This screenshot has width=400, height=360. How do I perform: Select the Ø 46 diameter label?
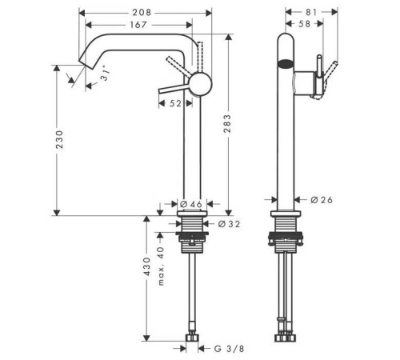click(192, 205)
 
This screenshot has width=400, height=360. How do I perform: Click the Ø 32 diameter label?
click(230, 224)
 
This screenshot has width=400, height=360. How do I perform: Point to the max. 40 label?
click(161, 266)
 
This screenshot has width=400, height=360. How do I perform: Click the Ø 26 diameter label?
click(320, 199)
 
